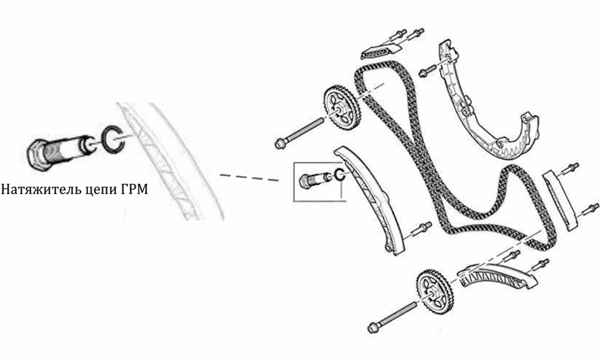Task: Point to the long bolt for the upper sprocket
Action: pos(298,133)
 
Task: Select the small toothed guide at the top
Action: pos(377,52)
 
